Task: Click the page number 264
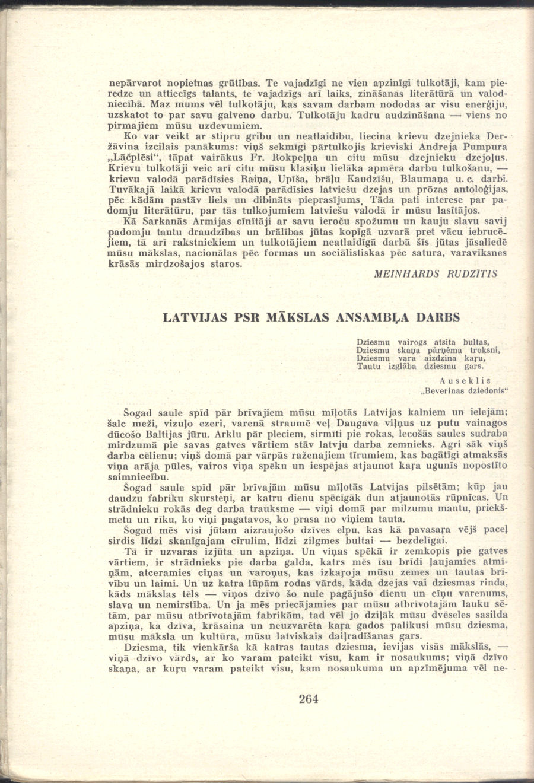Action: pyautogui.click(x=309, y=699)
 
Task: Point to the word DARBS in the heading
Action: pyautogui.click(x=439, y=317)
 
